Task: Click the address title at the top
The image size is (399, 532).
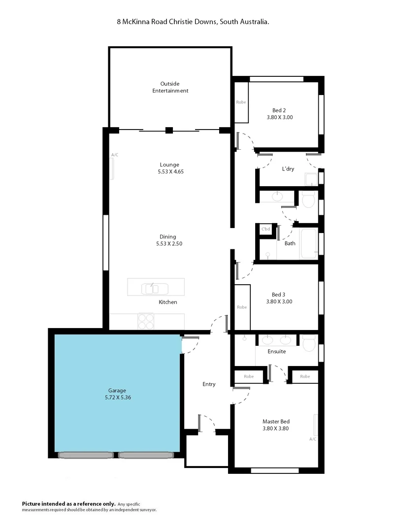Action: pyautogui.click(x=193, y=22)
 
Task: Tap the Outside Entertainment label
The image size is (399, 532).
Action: pyautogui.click(x=170, y=87)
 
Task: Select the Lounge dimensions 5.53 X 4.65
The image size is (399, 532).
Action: pyautogui.click(x=169, y=171)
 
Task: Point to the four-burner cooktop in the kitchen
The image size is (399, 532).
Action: pyautogui.click(x=146, y=322)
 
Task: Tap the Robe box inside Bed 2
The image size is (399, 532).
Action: pyautogui.click(x=241, y=102)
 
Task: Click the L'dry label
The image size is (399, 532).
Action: pyautogui.click(x=288, y=169)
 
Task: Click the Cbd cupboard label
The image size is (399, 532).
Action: pyautogui.click(x=266, y=230)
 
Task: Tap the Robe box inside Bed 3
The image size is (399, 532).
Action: pyautogui.click(x=242, y=307)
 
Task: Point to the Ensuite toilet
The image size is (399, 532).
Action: pyautogui.click(x=309, y=343)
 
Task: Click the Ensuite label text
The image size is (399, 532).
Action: pyautogui.click(x=276, y=352)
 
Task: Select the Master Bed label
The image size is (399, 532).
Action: pyautogui.click(x=275, y=421)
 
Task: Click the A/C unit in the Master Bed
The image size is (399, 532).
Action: pyautogui.click(x=316, y=425)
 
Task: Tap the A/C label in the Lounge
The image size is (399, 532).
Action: pyautogui.click(x=114, y=155)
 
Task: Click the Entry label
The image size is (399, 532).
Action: pyautogui.click(x=209, y=384)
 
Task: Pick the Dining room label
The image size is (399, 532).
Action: pyautogui.click(x=167, y=236)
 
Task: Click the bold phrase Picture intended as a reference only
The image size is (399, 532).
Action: pyautogui.click(x=68, y=503)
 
